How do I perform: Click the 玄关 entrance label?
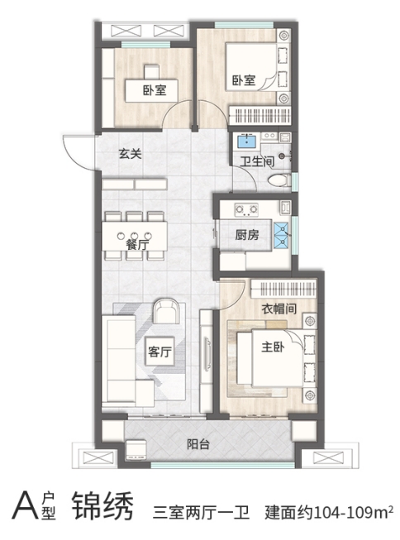pyautogui.click(x=130, y=154)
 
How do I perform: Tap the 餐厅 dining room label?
pyautogui.click(x=137, y=244)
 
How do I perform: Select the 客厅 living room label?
pyautogui.click(x=160, y=352)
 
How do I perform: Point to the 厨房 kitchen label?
pyautogui.click(x=247, y=235)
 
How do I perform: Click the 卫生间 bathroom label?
pyautogui.click(x=257, y=161)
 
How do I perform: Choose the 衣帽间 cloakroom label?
pyautogui.click(x=279, y=308)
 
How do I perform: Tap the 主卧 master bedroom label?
pyautogui.click(x=273, y=346)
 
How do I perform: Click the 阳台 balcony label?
pyautogui.click(x=198, y=444)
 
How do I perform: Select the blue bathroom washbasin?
pyautogui.click(x=247, y=141)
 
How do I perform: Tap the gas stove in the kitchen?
pyautogui.click(x=246, y=209)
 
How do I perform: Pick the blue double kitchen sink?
pyautogui.click(x=282, y=236)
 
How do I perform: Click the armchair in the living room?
pyautogui.click(x=166, y=311)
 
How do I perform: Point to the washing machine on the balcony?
pyautogui.click(x=136, y=449)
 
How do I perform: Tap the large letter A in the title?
pyautogui.click(x=25, y=506)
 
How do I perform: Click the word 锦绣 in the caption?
pyautogui.click(x=102, y=506)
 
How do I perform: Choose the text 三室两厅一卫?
pyautogui.click(x=202, y=512)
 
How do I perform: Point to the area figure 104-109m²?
pyautogui.click(x=354, y=512)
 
